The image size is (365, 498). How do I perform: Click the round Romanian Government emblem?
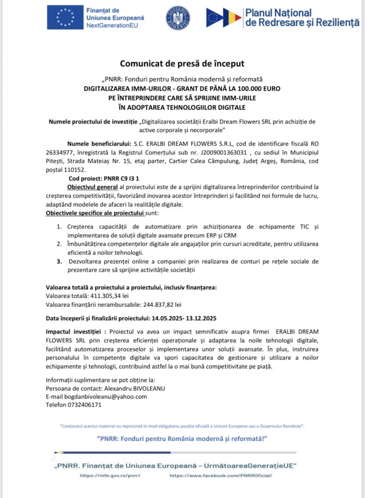(178, 18)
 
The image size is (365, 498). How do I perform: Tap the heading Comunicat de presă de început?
(182, 64)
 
